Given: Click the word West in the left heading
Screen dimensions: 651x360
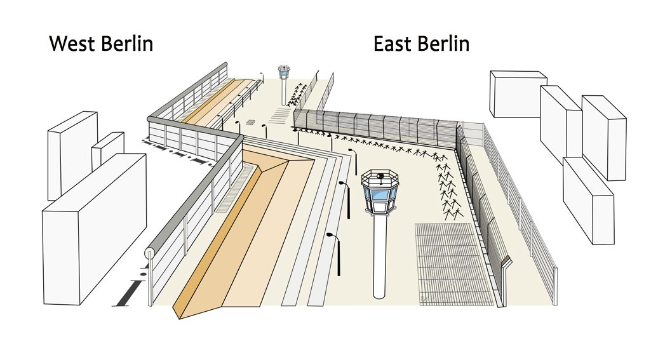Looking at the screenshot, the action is pyautogui.click(x=73, y=44).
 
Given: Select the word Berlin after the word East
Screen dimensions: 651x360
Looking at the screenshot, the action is pyautogui.click(x=443, y=44).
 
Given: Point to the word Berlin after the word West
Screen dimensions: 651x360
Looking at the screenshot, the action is pyautogui.click(x=128, y=44).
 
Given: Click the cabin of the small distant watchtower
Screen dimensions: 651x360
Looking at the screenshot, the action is pyautogui.click(x=283, y=72).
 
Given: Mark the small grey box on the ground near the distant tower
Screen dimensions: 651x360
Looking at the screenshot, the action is pyautogui.click(x=250, y=122).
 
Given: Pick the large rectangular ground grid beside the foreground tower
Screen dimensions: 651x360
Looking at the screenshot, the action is pyautogui.click(x=453, y=265).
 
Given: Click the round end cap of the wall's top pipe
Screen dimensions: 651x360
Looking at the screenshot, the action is pyautogui.click(x=149, y=253).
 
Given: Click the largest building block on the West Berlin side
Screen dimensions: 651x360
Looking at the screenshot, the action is pyautogui.click(x=94, y=229).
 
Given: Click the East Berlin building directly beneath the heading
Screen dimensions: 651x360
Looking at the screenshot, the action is pyautogui.click(x=518, y=94).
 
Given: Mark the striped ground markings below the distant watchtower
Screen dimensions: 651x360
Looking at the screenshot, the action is pyautogui.click(x=279, y=115).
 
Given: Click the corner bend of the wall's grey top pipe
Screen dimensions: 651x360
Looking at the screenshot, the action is pyautogui.click(x=239, y=138).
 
